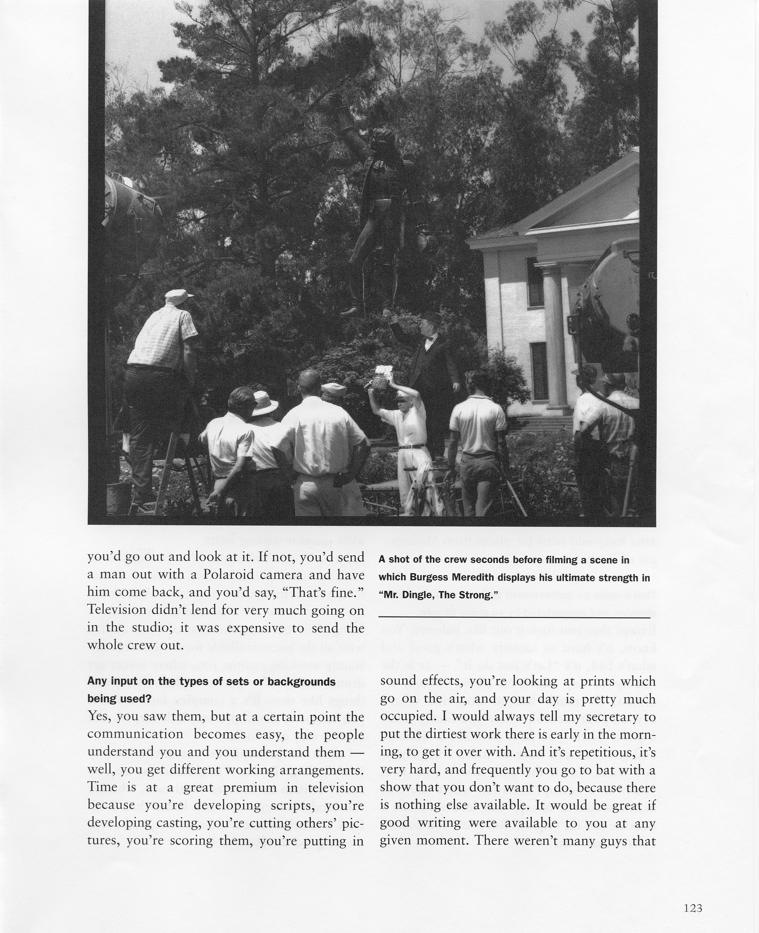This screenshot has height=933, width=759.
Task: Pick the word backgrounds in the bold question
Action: [x=301, y=681]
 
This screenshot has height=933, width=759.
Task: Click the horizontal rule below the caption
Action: [x=514, y=617]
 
